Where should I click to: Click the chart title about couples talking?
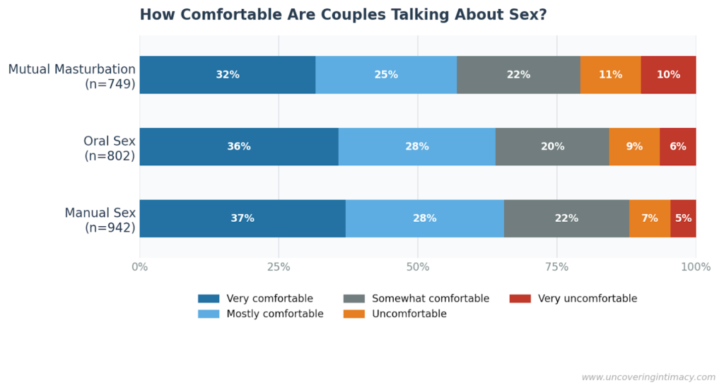tap(343, 15)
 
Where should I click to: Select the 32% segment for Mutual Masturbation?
tap(227, 75)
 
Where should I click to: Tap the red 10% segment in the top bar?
tap(668, 75)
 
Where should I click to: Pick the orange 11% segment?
tap(610, 75)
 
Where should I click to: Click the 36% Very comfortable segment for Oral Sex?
tap(238, 147)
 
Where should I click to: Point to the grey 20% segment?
tap(552, 147)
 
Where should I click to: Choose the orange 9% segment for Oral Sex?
tap(634, 147)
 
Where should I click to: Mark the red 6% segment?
tap(677, 147)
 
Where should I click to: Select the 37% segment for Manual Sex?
tap(242, 218)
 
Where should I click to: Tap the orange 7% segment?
tap(649, 218)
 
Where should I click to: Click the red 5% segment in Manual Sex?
tap(683, 218)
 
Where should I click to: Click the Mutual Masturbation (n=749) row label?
tap(72, 76)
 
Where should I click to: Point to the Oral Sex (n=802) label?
tap(109, 148)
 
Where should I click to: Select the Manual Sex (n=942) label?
tap(100, 220)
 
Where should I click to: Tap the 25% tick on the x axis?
tap(279, 267)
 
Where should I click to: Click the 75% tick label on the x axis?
tap(556, 267)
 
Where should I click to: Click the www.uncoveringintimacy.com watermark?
tap(648, 377)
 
